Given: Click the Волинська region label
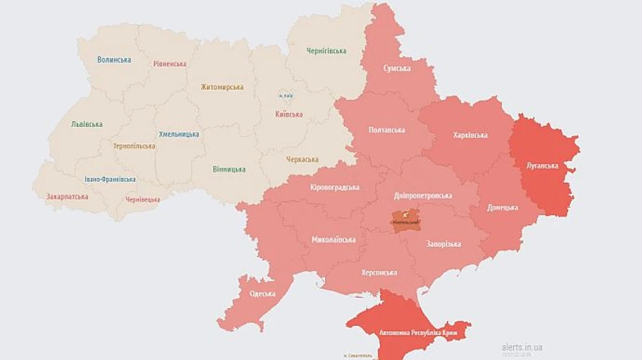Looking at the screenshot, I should point(114,60).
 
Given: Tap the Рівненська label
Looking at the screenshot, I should point(170,63).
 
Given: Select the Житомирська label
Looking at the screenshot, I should point(222,87).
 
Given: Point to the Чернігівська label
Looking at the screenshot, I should point(326,51).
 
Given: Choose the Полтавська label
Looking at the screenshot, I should point(387,130).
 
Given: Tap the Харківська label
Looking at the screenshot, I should point(470,135).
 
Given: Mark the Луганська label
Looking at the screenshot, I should point(542,165).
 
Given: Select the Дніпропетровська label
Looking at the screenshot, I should point(423,195).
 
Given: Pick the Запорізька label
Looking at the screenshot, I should point(444,244).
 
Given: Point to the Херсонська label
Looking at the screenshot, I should point(379,272).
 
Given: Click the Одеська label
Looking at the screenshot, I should point(263,294).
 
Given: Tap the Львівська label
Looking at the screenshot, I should point(86,124).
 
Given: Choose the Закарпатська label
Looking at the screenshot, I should point(67,196).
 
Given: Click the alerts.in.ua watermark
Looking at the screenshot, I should point(521,346).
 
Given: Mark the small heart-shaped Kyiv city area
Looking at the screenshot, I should point(285,96).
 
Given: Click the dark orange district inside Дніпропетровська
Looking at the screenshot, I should point(405,220).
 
